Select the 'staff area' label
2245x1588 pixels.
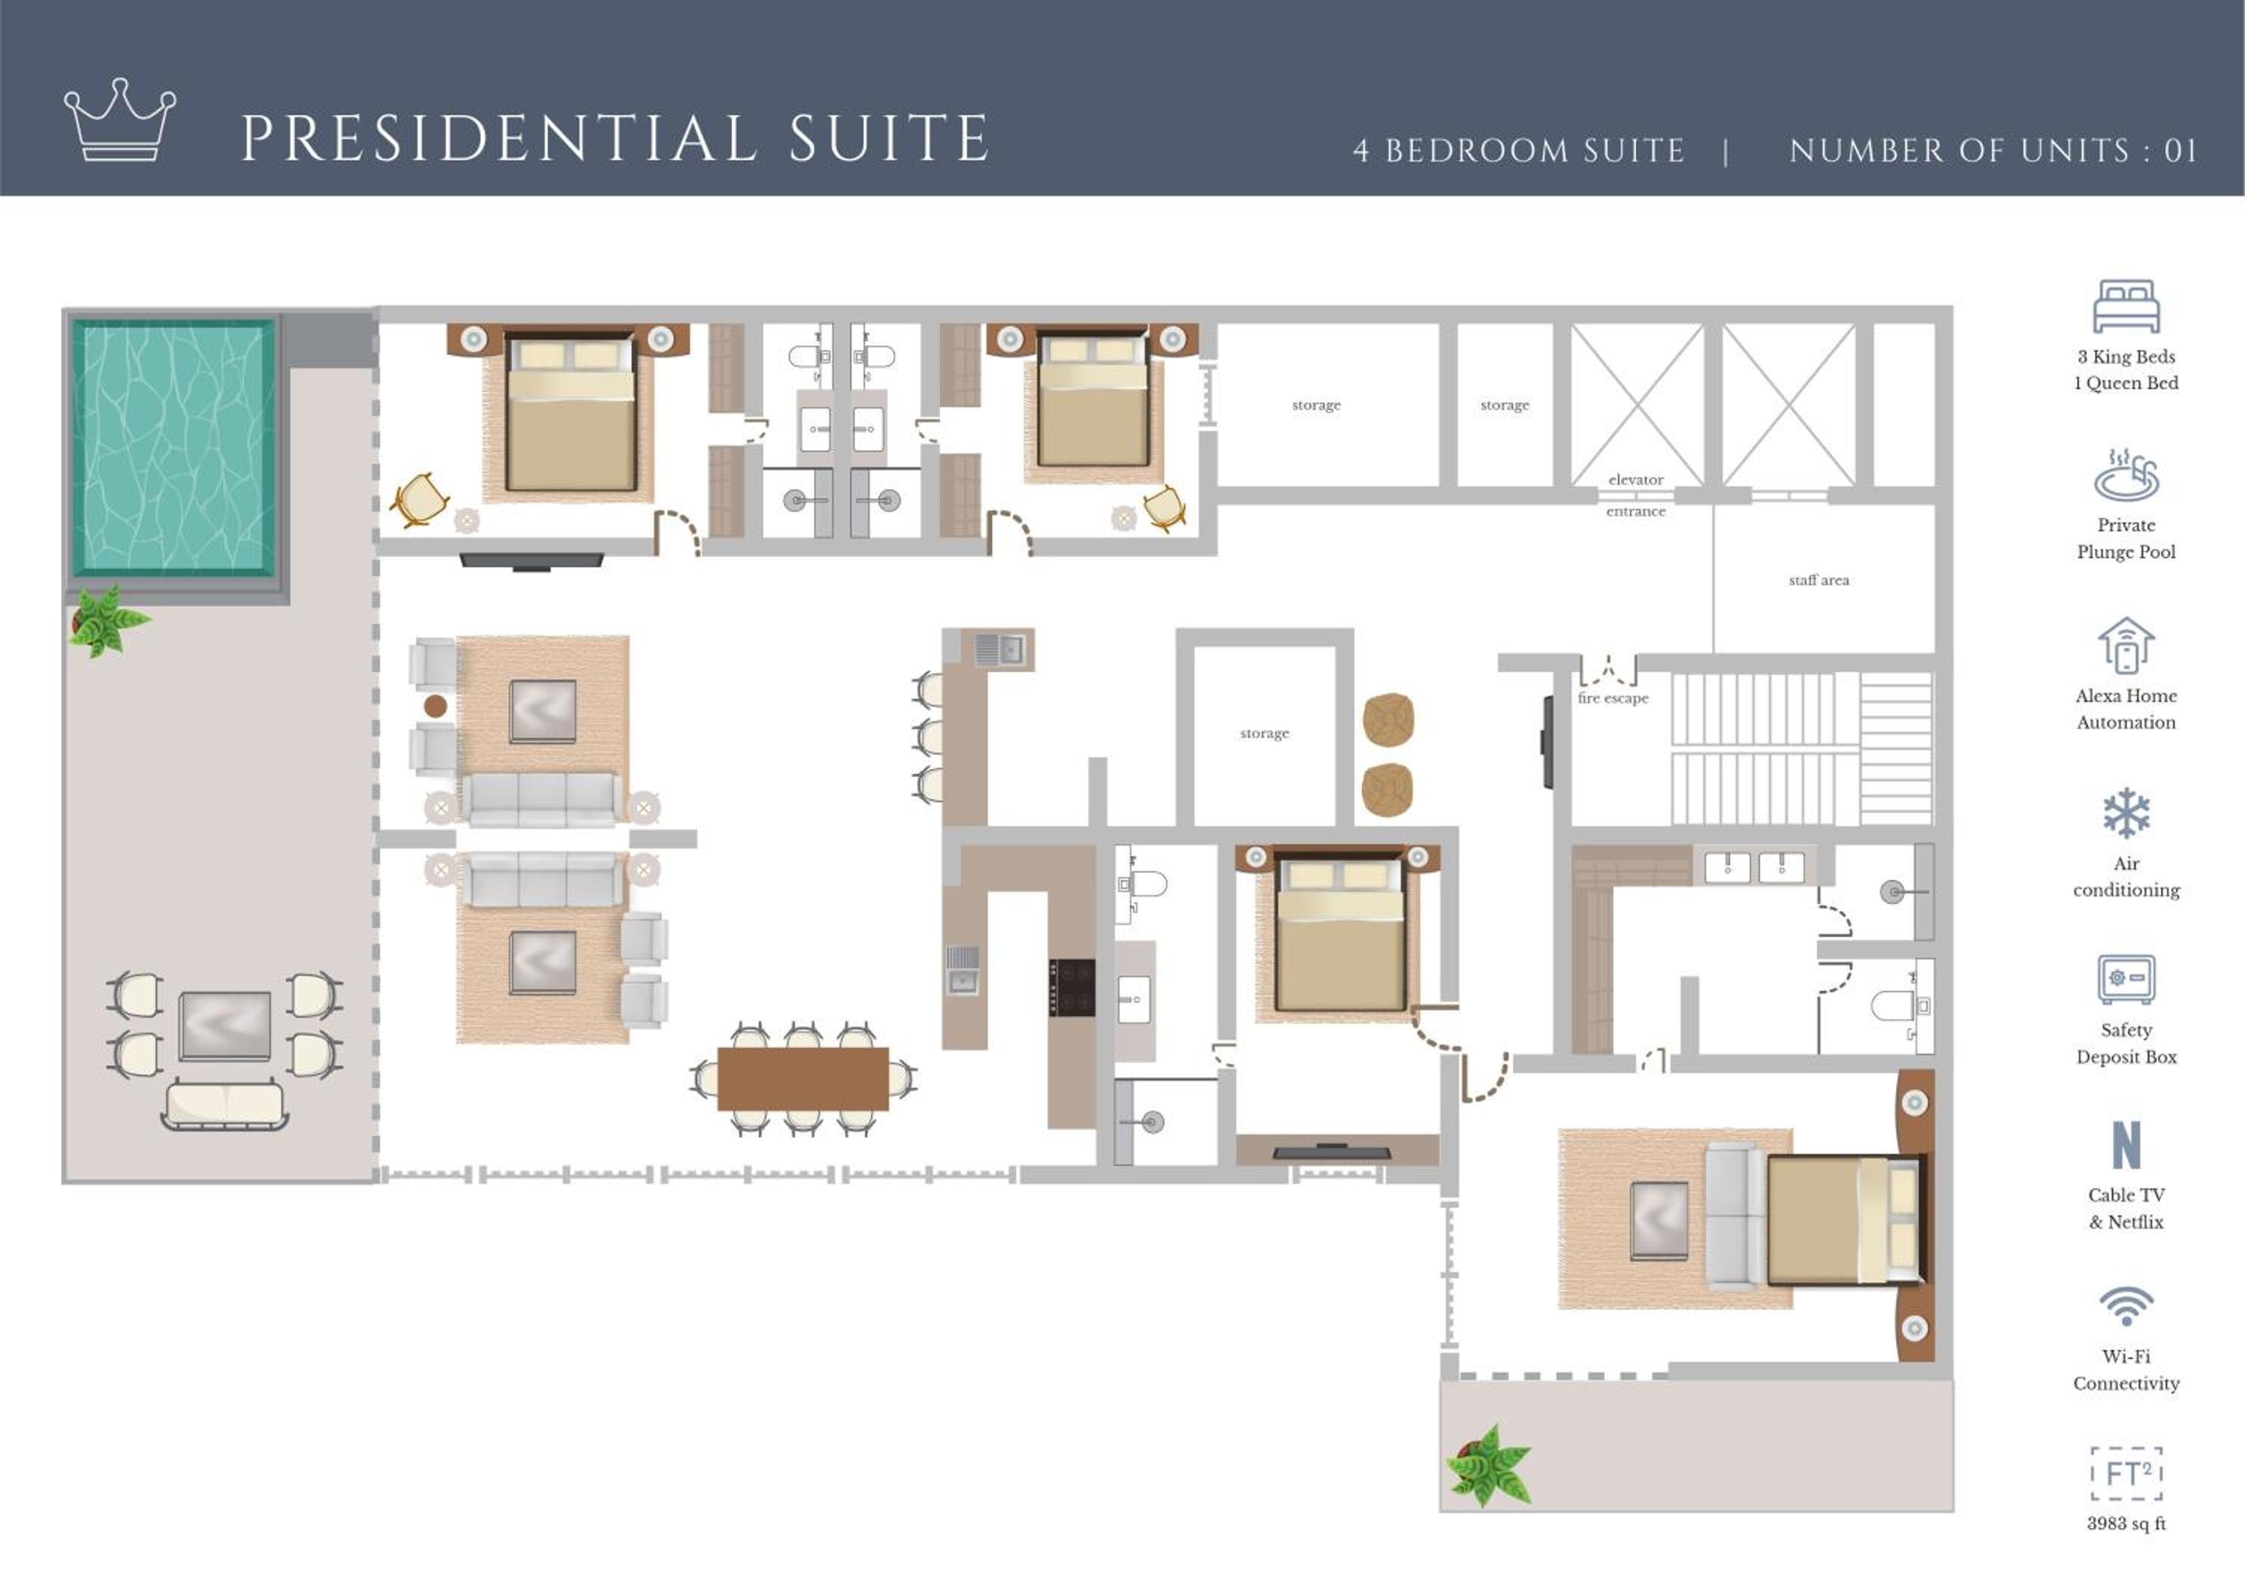click(x=1818, y=580)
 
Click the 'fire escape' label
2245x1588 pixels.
click(x=1613, y=698)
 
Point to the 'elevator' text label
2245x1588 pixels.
click(x=1636, y=479)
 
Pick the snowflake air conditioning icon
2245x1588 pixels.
click(x=2126, y=813)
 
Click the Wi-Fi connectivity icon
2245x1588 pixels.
click(x=2126, y=1305)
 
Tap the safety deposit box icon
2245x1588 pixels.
click(x=2126, y=979)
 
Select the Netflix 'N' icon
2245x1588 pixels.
click(x=2126, y=1145)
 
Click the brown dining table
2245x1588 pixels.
click(x=803, y=1078)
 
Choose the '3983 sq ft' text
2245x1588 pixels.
click(x=2126, y=1524)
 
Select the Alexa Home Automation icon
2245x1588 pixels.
click(x=2126, y=645)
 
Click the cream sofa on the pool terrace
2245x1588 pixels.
click(x=225, y=1105)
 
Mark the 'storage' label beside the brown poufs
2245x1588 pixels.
click(x=1264, y=733)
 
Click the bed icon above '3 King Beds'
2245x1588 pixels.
click(x=2126, y=306)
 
